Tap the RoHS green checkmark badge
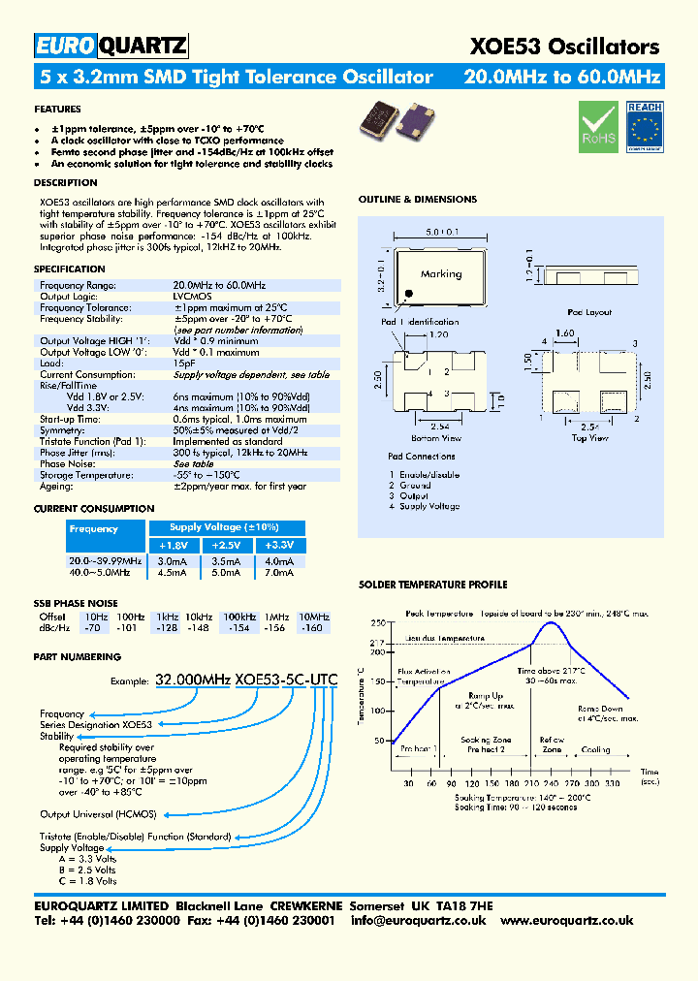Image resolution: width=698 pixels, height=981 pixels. (597, 127)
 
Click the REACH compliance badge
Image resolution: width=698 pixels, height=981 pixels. (644, 127)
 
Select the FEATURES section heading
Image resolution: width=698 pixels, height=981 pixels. (57, 110)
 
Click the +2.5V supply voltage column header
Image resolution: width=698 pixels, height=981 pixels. (225, 546)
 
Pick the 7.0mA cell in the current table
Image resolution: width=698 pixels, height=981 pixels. (278, 572)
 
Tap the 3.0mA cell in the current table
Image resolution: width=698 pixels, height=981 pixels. (172, 560)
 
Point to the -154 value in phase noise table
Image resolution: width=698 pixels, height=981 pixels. (238, 628)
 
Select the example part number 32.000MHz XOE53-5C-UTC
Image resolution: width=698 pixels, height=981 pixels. (246, 680)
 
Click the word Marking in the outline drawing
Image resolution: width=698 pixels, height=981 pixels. (441, 273)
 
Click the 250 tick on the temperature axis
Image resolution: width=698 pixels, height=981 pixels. (377, 622)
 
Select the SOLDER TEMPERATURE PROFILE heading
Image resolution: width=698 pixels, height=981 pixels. (432, 585)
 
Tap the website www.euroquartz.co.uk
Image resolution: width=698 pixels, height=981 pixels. (567, 920)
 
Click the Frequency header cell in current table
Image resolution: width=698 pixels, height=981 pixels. (94, 529)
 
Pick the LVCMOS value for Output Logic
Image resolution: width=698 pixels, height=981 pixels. (193, 296)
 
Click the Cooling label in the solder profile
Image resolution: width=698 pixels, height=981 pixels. (595, 749)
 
